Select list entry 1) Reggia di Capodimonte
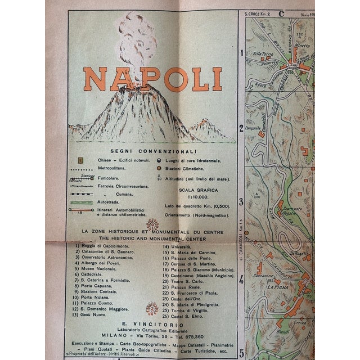102,246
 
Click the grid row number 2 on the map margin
241,128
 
